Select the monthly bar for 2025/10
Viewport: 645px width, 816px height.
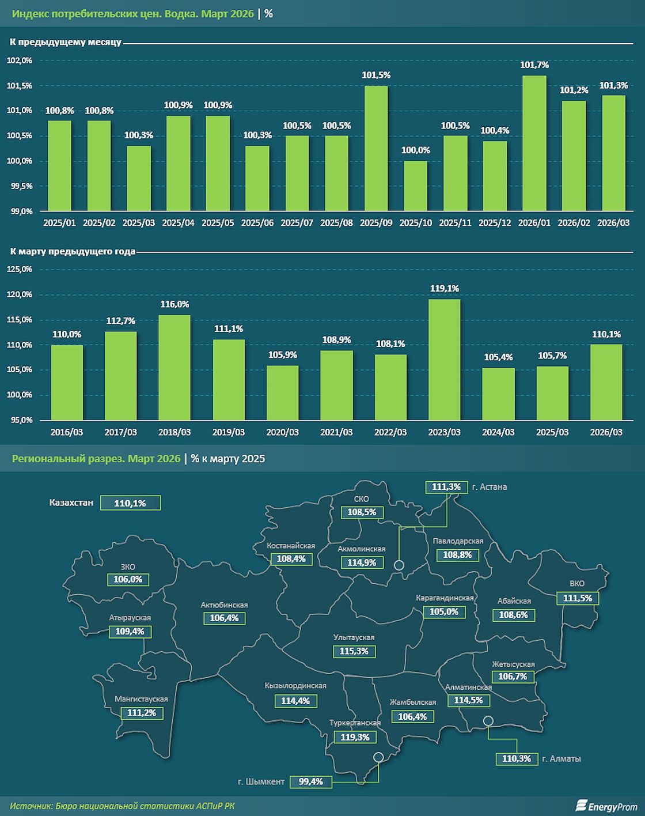[x=415, y=186]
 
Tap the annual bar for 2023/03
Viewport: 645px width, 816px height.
[x=444, y=359]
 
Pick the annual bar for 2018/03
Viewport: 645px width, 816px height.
[x=174, y=367]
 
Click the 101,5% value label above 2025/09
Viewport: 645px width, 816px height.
[x=376, y=75]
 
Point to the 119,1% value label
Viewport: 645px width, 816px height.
[x=444, y=288]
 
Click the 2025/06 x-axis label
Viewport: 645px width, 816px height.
[x=257, y=222]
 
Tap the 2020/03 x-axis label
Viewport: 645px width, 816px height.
[x=282, y=432]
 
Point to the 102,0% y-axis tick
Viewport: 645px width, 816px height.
[x=19, y=61]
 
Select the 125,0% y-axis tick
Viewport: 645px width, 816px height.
[x=19, y=270]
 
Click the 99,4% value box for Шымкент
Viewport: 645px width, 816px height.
[x=311, y=782]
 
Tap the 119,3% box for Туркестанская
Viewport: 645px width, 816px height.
[x=355, y=737]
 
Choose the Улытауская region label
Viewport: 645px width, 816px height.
[x=354, y=637]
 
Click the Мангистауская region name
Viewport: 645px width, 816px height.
[x=141, y=699]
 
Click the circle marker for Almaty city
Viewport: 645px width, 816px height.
[x=488, y=720]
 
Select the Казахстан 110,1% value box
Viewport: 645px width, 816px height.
[x=130, y=503]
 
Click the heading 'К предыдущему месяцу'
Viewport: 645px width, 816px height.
[x=65, y=42]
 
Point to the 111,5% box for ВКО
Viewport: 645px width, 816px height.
[x=578, y=598]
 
